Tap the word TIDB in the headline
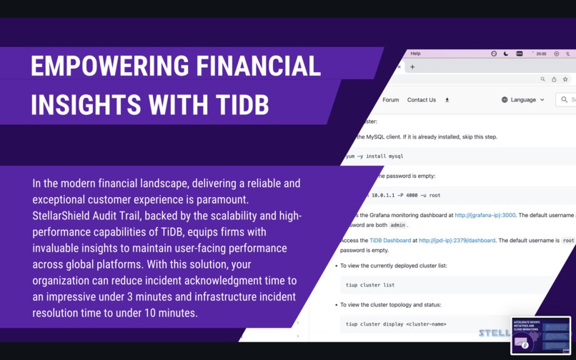tap(239, 104)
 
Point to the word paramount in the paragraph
tap(233, 199)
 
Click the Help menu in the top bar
tap(415, 54)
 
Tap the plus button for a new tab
tap(412, 67)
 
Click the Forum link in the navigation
tap(390, 100)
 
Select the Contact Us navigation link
tap(421, 100)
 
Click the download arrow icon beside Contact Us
tap(447, 100)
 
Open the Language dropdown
tap(523, 100)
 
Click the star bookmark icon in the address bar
tap(565, 79)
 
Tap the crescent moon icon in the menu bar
tap(506, 54)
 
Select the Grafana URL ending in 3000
tap(485, 214)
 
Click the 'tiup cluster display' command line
tap(395, 324)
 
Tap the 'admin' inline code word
tap(397, 225)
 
